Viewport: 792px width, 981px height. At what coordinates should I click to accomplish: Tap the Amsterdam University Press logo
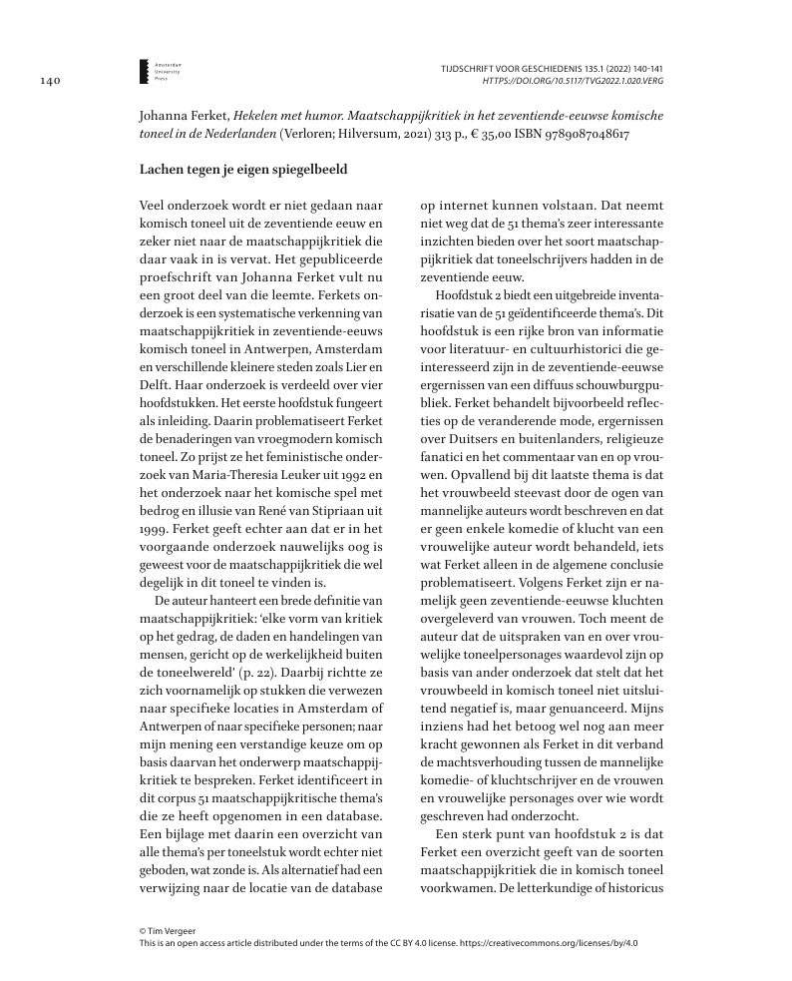click(x=144, y=70)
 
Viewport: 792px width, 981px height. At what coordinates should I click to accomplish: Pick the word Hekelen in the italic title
click(x=273, y=115)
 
